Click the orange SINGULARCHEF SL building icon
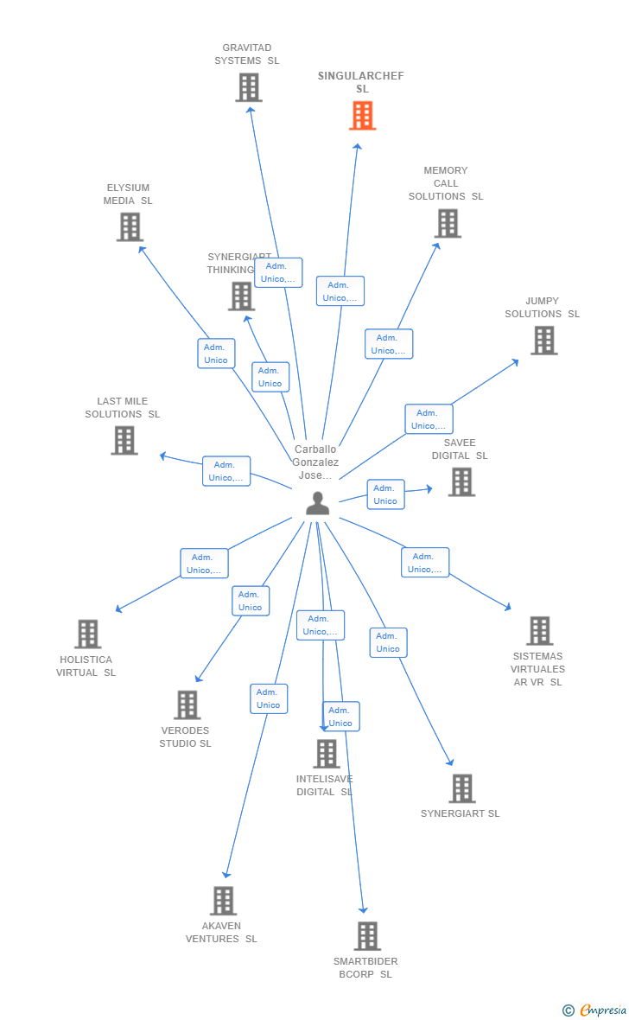362,115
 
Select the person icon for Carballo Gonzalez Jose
318,503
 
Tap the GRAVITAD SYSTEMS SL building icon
249,87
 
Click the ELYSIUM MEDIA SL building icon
130,226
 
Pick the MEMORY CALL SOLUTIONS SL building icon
448,223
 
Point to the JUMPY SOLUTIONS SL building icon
543,341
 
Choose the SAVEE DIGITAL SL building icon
461,482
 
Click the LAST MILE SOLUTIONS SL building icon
124,440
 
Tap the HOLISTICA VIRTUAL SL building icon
87,634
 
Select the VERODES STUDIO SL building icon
187,704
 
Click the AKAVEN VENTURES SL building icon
223,901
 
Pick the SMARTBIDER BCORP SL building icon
367,936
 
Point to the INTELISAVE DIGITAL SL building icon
327,754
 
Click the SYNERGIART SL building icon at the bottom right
462,788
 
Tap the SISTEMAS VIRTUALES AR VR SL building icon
539,631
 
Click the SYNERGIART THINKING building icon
241,296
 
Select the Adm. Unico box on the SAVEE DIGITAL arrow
385,494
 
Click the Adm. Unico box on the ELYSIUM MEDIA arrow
216,354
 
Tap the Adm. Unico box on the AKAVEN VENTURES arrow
269,698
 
